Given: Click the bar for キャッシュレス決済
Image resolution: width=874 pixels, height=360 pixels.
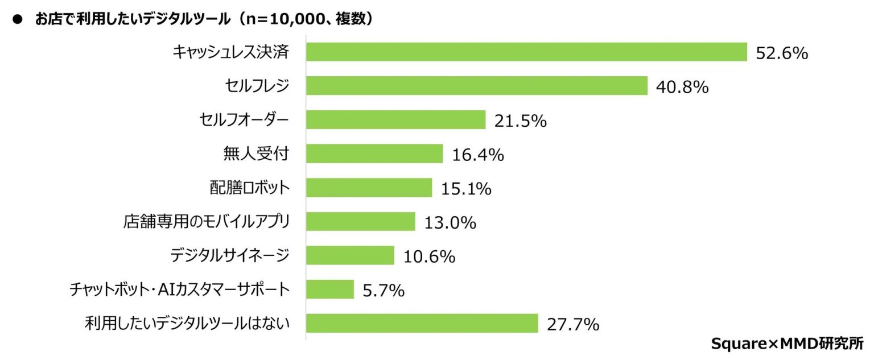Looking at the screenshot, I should [x=526, y=52].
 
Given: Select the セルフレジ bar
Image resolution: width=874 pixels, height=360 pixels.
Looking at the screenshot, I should [x=477, y=86].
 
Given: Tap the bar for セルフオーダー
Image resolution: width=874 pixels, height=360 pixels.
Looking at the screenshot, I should [x=395, y=119].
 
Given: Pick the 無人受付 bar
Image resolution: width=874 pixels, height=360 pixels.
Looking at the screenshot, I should [x=374, y=154].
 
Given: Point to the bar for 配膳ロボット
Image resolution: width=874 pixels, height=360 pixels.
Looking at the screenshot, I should [x=369, y=187].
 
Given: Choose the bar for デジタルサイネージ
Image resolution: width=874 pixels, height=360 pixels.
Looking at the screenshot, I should [x=350, y=255].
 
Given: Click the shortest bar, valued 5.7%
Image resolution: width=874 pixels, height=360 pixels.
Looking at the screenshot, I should [x=330, y=289].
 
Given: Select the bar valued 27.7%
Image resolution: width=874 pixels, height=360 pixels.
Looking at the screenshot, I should [x=422, y=323].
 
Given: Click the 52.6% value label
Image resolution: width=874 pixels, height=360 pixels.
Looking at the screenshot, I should [x=782, y=53].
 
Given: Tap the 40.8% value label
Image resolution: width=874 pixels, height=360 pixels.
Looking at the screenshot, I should [x=682, y=87].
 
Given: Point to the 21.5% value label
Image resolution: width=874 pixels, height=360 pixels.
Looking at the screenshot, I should [x=521, y=121].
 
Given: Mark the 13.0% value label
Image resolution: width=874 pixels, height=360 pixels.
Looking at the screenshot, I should [x=450, y=223].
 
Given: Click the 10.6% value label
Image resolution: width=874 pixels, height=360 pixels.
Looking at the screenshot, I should [x=429, y=256].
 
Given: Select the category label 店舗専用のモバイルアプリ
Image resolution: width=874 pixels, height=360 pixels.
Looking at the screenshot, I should [x=206, y=221].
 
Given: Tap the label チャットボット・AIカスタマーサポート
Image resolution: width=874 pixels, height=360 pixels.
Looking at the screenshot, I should [x=179, y=289].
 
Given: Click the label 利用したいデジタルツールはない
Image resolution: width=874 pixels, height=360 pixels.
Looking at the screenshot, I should [x=187, y=324].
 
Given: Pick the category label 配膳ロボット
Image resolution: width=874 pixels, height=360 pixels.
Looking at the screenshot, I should [x=249, y=187].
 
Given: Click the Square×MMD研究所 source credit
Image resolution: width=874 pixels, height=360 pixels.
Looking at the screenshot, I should [x=791, y=344].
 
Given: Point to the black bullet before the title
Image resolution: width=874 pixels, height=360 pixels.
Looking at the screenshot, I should [x=18, y=20].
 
